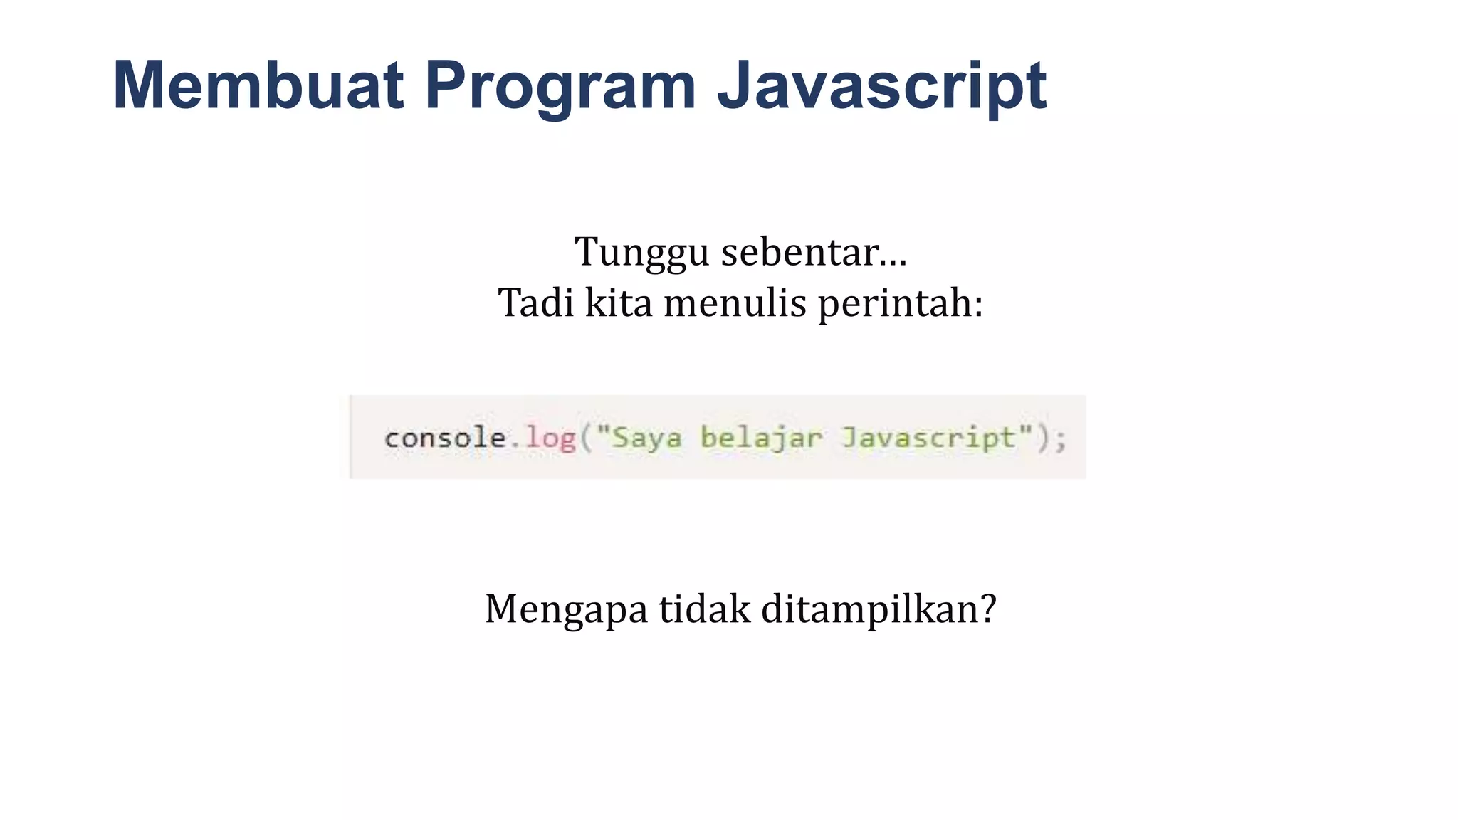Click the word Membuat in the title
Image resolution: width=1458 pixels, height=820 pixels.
click(258, 86)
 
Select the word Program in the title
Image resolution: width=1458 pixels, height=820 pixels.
click(560, 86)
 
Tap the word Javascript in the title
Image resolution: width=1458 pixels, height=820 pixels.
click(881, 86)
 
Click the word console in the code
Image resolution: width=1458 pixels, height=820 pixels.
click(445, 438)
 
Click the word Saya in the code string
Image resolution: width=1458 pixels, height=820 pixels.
click(646, 438)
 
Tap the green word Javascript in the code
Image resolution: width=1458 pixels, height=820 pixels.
click(928, 438)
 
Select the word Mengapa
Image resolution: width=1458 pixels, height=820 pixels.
click(566, 610)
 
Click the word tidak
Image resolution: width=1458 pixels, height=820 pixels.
click(704, 609)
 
